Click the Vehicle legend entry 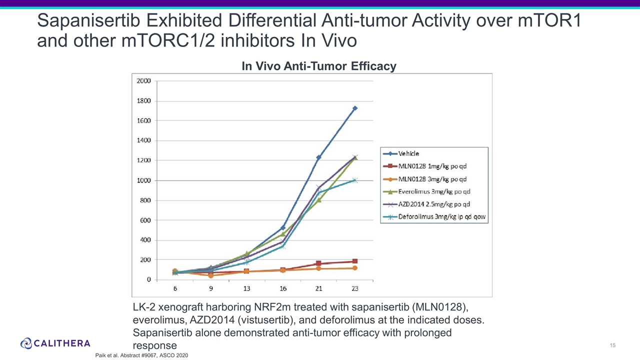tap(408, 153)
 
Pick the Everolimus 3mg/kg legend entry tap(434, 191)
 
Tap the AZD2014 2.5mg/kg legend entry tap(434, 204)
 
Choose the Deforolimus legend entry tap(442, 217)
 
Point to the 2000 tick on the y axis tap(144, 81)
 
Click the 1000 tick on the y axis tap(144, 180)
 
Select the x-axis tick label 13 tap(246, 288)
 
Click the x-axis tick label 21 tap(319, 288)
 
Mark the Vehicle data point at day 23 tap(355, 108)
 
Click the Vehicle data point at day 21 tap(319, 157)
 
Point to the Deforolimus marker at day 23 tap(355, 180)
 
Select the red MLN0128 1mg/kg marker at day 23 tap(355, 261)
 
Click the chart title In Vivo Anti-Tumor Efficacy tap(319, 66)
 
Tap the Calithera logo tap(55, 343)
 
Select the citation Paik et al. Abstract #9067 tap(141, 355)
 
